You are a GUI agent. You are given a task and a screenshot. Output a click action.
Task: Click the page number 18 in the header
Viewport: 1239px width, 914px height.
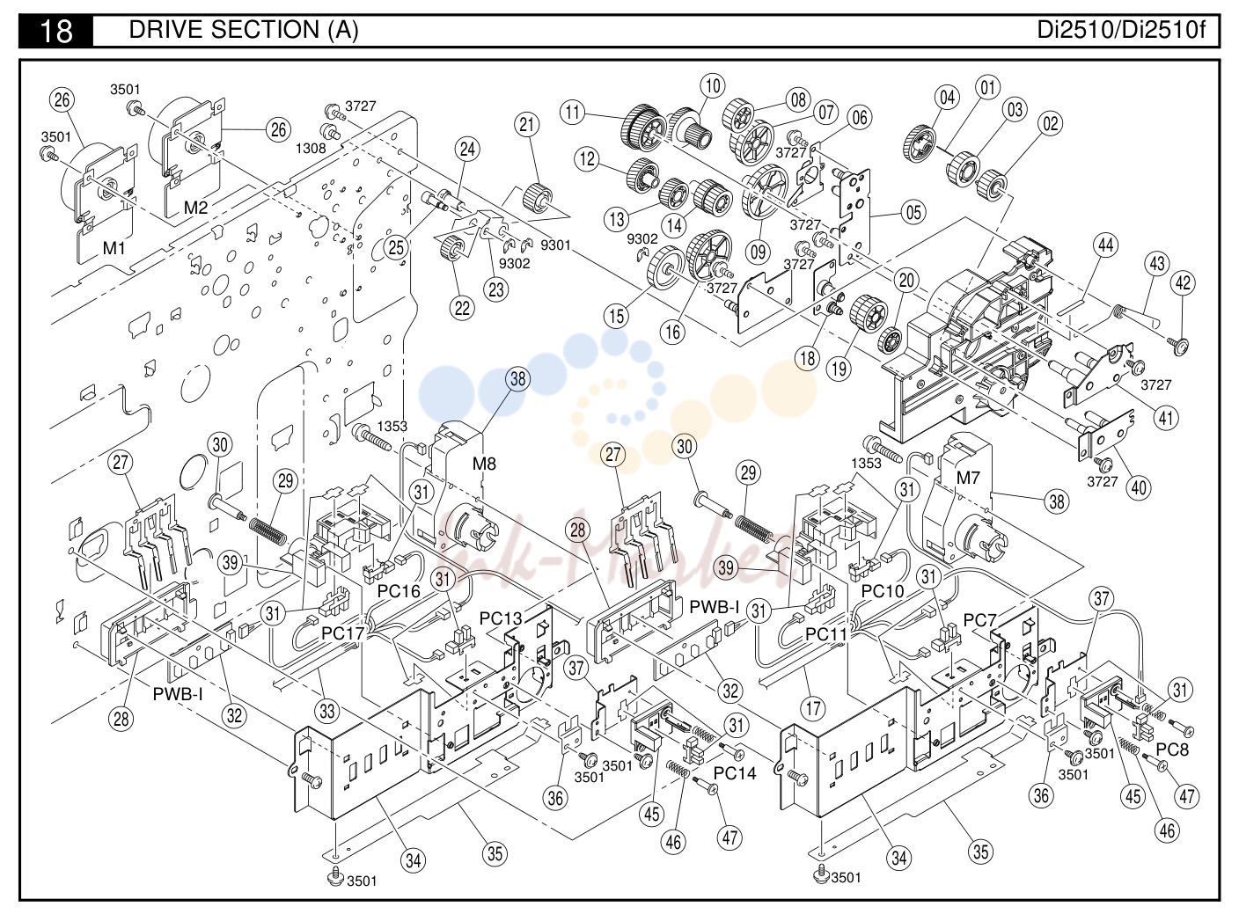pyautogui.click(x=56, y=31)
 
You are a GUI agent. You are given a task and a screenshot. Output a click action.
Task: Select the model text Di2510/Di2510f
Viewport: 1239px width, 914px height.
pyautogui.click(x=1121, y=30)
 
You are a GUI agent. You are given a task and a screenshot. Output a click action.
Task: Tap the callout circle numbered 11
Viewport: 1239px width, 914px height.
pyautogui.click(x=573, y=113)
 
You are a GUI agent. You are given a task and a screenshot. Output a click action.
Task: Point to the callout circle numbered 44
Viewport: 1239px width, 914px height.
pyautogui.click(x=1106, y=245)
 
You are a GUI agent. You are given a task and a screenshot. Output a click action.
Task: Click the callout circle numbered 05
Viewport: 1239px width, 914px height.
pyautogui.click(x=913, y=212)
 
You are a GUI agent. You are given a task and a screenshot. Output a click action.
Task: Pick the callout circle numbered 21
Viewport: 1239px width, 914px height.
pyautogui.click(x=527, y=125)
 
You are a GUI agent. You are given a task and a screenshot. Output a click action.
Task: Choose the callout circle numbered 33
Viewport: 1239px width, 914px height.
pyautogui.click(x=326, y=711)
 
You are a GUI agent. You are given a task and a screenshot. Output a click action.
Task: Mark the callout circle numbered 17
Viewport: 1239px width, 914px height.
pyautogui.click(x=813, y=708)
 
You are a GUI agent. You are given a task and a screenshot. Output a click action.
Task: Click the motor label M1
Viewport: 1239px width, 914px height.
pyautogui.click(x=114, y=248)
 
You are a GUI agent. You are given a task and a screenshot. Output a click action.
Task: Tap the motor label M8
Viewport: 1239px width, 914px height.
pyautogui.click(x=484, y=464)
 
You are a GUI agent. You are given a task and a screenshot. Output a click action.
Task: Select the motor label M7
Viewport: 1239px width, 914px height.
pyautogui.click(x=968, y=478)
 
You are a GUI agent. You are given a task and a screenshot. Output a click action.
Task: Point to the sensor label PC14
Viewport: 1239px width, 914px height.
pyautogui.click(x=735, y=773)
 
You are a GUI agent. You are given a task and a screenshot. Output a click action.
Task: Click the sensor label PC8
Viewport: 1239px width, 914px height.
pyautogui.click(x=1172, y=749)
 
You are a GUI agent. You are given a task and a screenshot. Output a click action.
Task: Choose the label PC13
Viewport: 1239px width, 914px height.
pyautogui.click(x=501, y=618)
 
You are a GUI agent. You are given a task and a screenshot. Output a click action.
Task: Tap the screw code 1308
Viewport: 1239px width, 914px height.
pyautogui.click(x=311, y=148)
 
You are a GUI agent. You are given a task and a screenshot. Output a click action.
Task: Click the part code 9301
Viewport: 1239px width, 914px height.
pyautogui.click(x=555, y=245)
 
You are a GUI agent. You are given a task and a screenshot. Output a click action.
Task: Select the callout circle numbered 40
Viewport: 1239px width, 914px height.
pyautogui.click(x=1139, y=487)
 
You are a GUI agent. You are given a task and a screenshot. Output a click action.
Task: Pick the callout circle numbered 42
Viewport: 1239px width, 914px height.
pyautogui.click(x=1183, y=283)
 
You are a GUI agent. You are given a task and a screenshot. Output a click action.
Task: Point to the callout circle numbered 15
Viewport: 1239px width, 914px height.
pyautogui.click(x=616, y=316)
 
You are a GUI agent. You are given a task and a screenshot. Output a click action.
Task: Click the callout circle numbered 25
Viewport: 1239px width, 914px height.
pyautogui.click(x=395, y=247)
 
